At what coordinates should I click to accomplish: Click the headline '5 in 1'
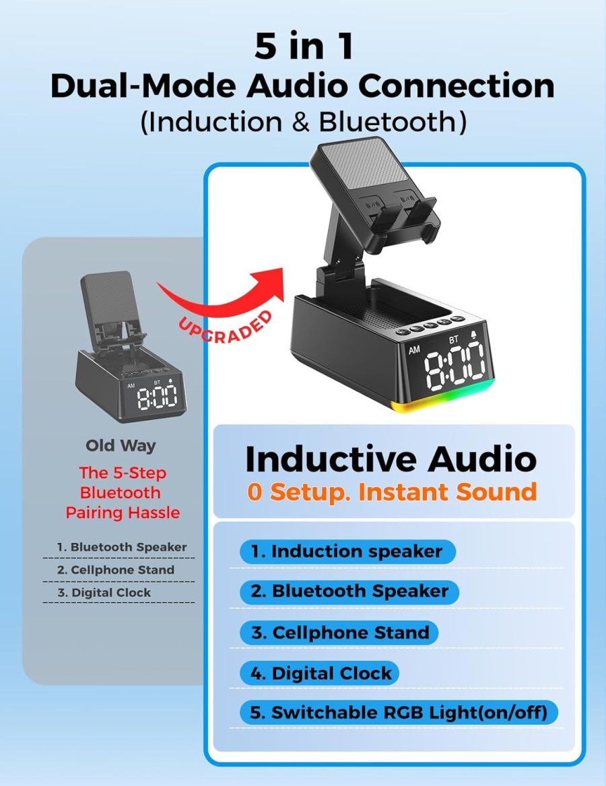coord(302,46)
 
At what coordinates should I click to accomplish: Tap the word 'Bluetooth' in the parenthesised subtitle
coord(392,122)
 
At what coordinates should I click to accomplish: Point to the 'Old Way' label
coord(121,445)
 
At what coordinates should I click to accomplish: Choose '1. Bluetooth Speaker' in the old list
coord(121,547)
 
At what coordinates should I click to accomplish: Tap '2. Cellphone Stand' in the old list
coord(115,570)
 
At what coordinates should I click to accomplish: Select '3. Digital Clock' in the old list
coord(104,593)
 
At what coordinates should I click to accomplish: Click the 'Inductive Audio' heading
coord(391,459)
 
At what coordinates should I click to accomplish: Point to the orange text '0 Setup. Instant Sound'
coord(391,492)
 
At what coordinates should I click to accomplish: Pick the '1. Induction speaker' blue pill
coord(347,552)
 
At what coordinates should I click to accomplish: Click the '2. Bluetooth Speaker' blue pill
coord(349,592)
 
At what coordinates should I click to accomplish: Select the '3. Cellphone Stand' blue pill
coord(339,633)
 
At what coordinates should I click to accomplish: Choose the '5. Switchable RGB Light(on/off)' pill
coord(399,713)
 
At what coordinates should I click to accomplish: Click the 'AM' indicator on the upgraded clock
coord(415,350)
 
